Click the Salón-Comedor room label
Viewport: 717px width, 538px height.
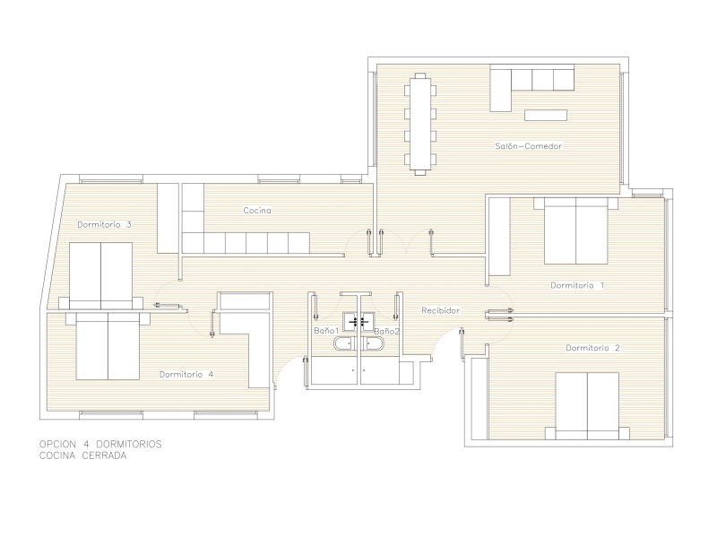point(528,146)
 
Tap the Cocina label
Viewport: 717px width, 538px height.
point(257,211)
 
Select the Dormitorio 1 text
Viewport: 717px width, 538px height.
point(577,285)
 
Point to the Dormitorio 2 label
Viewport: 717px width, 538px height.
point(592,348)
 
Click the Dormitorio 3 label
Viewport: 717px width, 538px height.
point(104,225)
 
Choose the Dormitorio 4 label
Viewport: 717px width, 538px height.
point(186,374)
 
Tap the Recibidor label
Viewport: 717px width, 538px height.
point(440,310)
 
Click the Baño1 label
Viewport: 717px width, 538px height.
point(326,330)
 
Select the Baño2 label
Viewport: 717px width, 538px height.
point(386,331)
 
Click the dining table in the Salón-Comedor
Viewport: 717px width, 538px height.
point(419,124)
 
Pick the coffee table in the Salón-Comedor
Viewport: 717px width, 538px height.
point(546,115)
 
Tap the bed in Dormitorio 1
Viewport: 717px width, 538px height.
point(575,230)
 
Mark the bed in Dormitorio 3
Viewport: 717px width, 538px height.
point(100,276)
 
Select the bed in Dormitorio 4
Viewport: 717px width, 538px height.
point(108,346)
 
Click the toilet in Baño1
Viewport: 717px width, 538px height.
point(344,343)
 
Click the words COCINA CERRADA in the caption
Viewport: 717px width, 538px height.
point(82,456)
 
